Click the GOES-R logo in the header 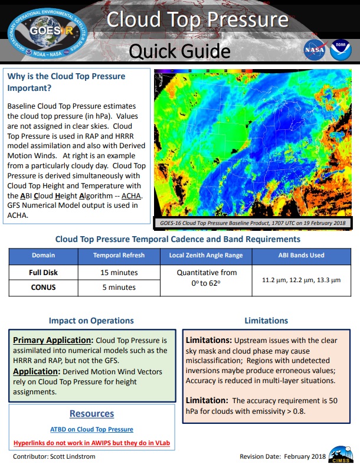point(45,31)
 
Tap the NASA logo point(313,50)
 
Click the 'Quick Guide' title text point(179,51)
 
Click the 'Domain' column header point(44,256)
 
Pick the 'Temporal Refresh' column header point(116,256)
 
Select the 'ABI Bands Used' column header point(301,256)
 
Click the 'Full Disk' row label point(44,273)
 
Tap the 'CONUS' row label point(44,287)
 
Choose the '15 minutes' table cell point(116,273)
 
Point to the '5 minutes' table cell point(116,287)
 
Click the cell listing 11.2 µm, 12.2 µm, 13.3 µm point(301,280)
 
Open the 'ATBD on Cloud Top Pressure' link point(91,429)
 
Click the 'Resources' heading point(91,414)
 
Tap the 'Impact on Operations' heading point(91,321)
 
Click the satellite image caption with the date point(252,223)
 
